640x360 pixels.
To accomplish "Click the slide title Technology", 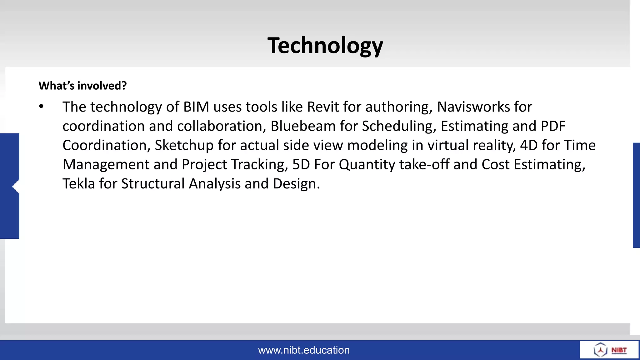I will (325, 46).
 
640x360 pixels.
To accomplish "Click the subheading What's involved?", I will (82, 86).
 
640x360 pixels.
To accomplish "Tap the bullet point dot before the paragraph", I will (42, 107).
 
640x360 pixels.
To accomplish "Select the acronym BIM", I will (196, 107).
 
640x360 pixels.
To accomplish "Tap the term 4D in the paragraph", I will (528, 145).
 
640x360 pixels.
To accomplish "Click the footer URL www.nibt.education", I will (304, 350).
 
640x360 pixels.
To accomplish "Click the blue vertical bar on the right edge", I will (636, 195).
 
